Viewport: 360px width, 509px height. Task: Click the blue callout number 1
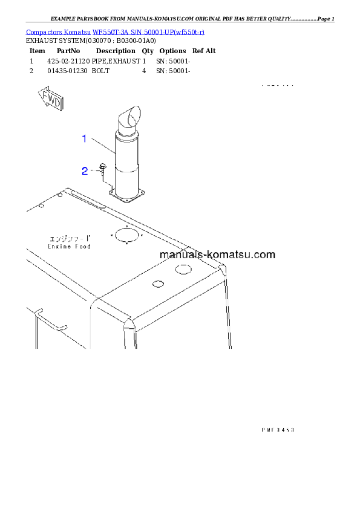[x=85, y=138]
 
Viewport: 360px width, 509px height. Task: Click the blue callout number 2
[x=85, y=171]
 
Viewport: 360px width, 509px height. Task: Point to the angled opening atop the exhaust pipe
[x=133, y=115]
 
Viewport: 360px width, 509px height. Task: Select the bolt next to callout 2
[x=103, y=170]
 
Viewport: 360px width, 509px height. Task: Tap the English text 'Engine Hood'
[x=70, y=247]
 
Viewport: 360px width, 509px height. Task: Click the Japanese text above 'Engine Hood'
[x=70, y=238]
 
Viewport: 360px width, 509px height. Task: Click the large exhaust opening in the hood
[x=126, y=235]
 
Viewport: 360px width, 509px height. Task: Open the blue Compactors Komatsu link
[x=115, y=31]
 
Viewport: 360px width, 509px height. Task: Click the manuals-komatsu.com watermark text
[x=217, y=254]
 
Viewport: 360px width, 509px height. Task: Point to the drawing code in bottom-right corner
[x=278, y=430]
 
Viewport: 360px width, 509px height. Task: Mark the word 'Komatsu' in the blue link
[x=77, y=31]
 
